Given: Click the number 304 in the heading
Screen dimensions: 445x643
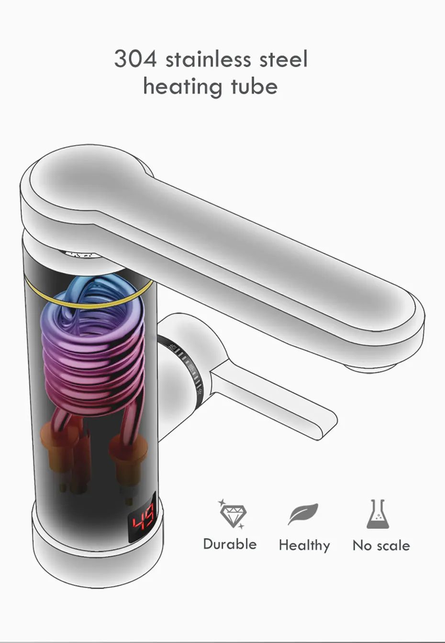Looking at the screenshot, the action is [x=135, y=58].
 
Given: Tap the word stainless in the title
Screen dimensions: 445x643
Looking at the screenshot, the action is [x=209, y=58].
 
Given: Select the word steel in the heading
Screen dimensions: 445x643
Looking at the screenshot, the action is [x=284, y=58].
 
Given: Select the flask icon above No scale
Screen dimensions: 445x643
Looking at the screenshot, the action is [x=378, y=514].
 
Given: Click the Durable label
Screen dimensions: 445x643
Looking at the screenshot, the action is [x=230, y=544].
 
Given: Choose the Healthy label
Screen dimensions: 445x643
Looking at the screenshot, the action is [x=305, y=545].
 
